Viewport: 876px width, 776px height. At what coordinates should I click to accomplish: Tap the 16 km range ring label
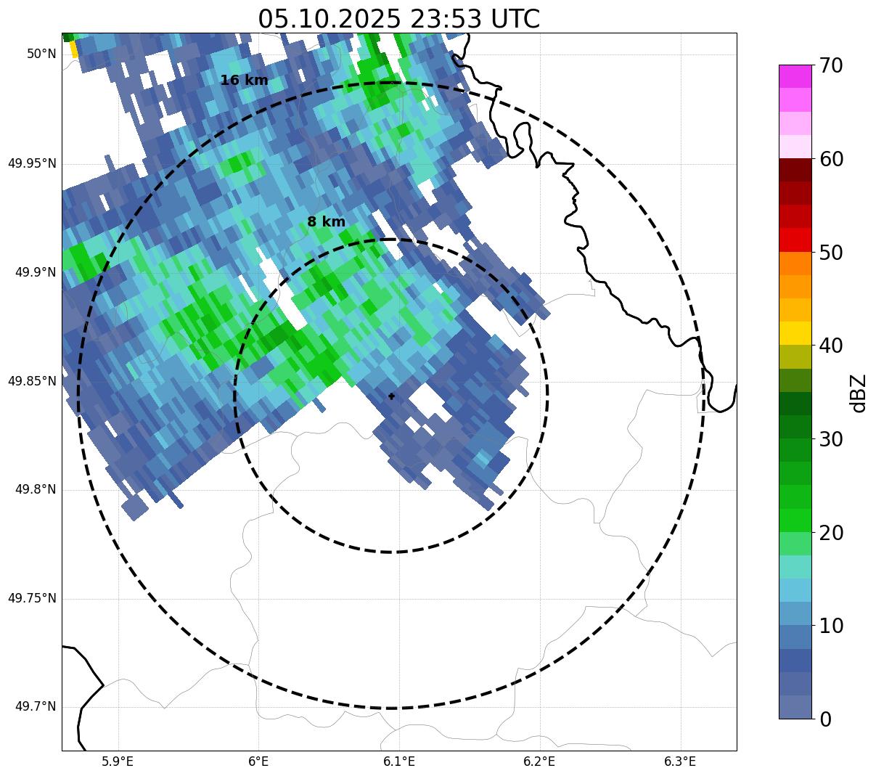[x=244, y=81]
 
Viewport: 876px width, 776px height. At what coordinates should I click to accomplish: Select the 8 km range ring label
[x=326, y=222]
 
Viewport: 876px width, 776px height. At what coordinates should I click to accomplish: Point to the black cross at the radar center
[x=391, y=396]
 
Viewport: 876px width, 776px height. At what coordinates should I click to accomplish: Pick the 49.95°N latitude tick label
[x=32, y=163]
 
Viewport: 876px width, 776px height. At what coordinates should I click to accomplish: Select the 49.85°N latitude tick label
[x=32, y=381]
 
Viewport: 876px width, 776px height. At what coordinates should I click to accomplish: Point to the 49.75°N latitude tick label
[x=32, y=599]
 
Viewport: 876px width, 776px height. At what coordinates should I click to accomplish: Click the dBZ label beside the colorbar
[x=859, y=393]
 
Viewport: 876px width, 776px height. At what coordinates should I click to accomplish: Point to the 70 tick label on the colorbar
[x=832, y=65]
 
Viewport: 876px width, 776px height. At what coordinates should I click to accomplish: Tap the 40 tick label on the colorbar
[x=832, y=346]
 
